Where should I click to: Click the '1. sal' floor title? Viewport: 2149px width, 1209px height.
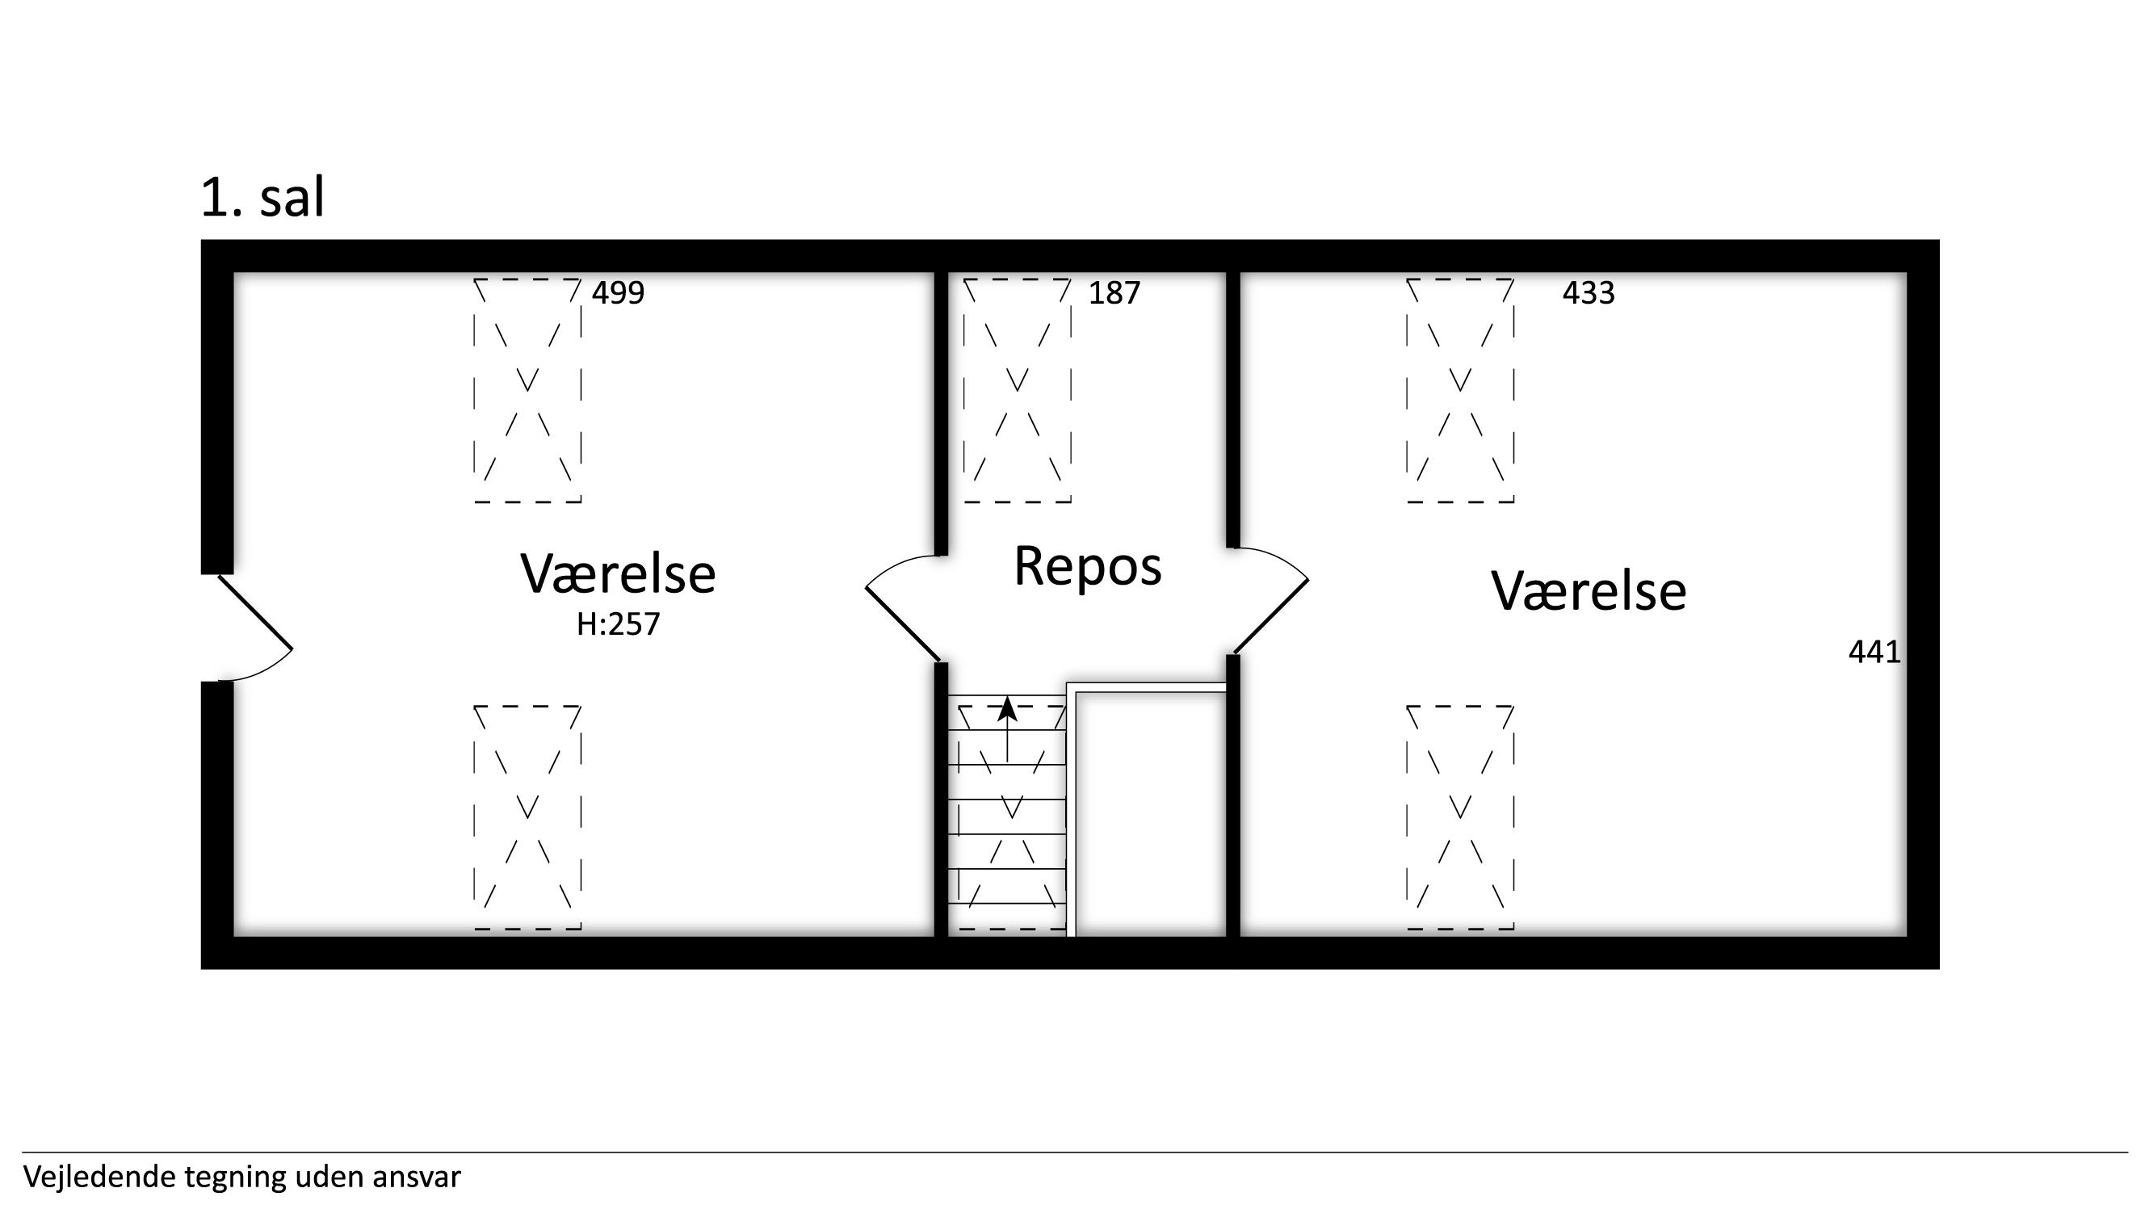coord(262,198)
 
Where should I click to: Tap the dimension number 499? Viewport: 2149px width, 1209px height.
coord(618,293)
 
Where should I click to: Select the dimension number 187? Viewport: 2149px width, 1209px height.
coord(1114,293)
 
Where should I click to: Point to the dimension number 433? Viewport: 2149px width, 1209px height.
coord(1589,293)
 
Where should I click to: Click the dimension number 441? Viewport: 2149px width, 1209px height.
coord(1874,652)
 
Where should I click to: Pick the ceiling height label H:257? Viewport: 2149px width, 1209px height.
coord(618,624)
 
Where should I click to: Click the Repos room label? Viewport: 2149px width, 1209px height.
coord(1088,566)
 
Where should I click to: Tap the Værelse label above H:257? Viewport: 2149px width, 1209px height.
coord(618,573)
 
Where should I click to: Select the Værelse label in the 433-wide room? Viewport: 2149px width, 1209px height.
coord(1589,590)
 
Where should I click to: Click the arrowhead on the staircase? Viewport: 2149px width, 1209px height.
coord(1008,708)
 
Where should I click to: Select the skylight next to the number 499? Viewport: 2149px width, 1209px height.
coord(528,391)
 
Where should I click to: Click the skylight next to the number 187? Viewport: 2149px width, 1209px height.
coord(1018,391)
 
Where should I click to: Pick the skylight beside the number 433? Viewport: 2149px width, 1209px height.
coord(1461,391)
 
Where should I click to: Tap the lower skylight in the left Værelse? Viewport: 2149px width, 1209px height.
coord(528,817)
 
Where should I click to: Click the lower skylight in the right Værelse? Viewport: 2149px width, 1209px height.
coord(1461,817)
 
